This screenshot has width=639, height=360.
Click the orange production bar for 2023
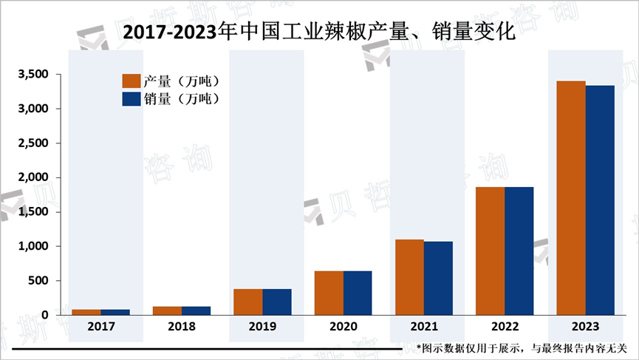click(570, 198)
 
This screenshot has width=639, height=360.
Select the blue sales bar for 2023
click(600, 200)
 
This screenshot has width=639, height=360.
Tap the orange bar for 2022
click(490, 251)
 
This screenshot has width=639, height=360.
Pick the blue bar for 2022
click(519, 251)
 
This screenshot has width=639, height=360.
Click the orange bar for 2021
click(409, 277)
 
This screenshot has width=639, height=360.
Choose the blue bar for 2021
click(438, 278)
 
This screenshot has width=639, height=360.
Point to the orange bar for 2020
click(329, 293)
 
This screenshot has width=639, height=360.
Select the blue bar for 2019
click(277, 302)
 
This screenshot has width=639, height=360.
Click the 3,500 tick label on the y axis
click(33, 75)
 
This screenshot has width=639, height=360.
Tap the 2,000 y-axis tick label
click(33, 177)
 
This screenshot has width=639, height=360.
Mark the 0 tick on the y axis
click(45, 316)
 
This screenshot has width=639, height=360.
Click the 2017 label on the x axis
click(101, 327)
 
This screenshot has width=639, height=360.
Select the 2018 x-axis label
click(182, 327)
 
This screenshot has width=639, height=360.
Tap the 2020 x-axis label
click(343, 327)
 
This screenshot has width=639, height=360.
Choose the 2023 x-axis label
click(584, 327)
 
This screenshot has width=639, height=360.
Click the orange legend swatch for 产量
click(131, 81)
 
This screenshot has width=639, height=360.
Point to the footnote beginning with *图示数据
click(521, 347)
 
